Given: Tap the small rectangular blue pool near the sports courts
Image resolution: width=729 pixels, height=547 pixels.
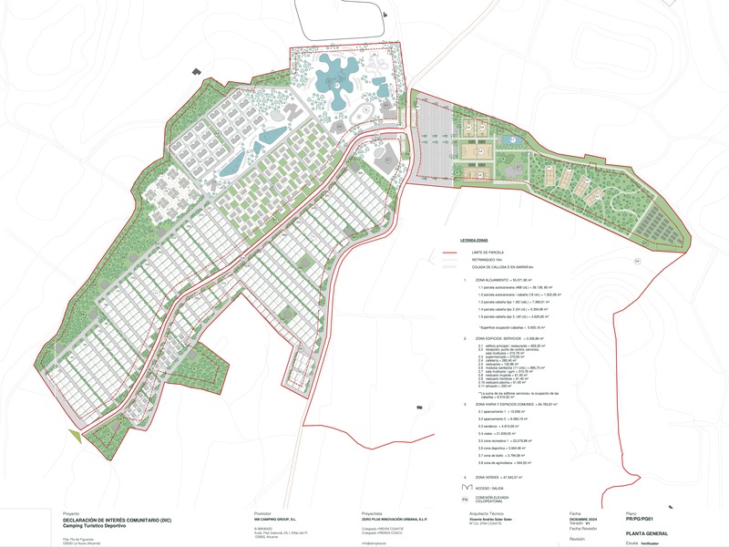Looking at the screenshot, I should [512, 140].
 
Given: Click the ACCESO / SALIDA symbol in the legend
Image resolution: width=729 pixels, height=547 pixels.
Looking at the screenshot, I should [466, 488].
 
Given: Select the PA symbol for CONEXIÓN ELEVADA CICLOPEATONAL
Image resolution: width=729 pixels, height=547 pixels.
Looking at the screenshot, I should [465, 499].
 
